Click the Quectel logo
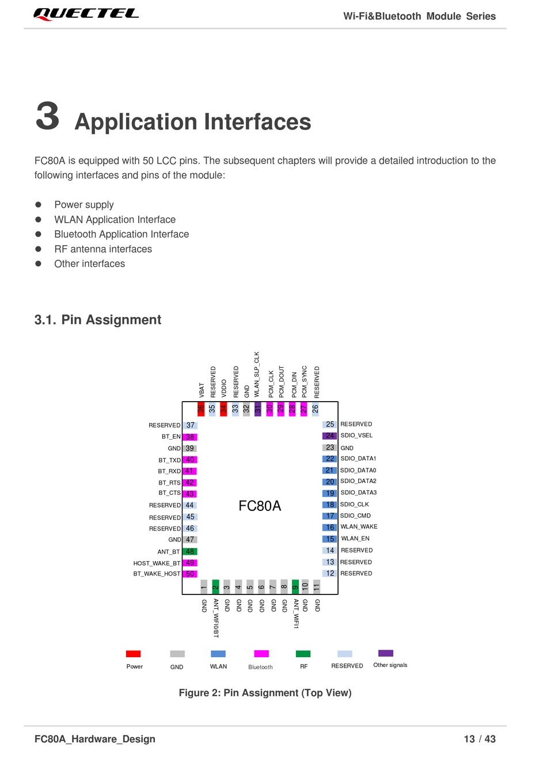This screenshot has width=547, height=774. tap(86, 14)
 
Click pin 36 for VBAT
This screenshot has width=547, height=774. tap(201, 409)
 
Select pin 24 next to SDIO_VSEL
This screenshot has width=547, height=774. tap(329, 436)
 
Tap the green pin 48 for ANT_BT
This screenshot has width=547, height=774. tap(190, 551)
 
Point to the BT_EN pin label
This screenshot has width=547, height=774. tap(171, 437)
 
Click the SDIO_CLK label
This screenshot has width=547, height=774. tap(355, 504)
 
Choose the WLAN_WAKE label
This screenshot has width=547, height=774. tap(359, 527)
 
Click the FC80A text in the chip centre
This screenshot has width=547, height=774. tap(260, 506)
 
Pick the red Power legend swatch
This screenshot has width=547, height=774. tap(133, 654)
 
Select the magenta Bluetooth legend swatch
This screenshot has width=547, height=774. tap(261, 654)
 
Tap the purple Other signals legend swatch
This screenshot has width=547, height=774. tap(386, 653)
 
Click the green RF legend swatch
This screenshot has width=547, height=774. tap(303, 654)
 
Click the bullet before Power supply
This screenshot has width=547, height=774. tap(39, 204)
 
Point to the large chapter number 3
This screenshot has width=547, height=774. tap(48, 116)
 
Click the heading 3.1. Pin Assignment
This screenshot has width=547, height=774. tap(98, 320)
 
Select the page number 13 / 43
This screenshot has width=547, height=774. tap(480, 739)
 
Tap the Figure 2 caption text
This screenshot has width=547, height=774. tap(265, 693)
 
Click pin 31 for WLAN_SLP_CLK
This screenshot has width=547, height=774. tap(258, 409)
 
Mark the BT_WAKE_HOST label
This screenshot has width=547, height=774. tap(157, 574)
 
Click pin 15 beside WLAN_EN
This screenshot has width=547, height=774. tap(330, 539)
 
